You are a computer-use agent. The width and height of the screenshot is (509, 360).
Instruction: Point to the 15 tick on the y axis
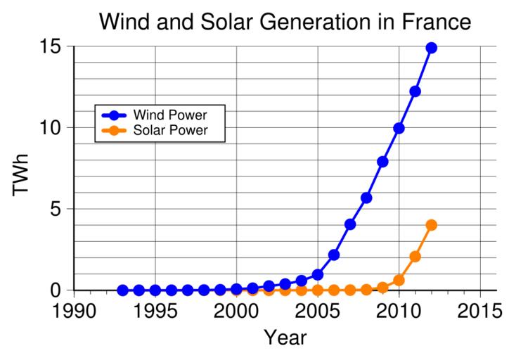[56, 47]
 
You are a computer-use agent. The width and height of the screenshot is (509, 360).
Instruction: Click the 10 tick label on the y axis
[56, 128]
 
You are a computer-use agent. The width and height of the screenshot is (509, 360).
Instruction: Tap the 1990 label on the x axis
[73, 310]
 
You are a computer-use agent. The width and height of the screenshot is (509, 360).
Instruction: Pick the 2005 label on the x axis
[317, 310]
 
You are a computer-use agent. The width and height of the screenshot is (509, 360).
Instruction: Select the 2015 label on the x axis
[480, 310]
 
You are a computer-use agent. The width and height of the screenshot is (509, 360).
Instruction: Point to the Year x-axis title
[285, 338]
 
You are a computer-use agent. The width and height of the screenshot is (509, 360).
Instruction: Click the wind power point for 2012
[431, 48]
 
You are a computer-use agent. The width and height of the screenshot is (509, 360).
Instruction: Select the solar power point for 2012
[431, 225]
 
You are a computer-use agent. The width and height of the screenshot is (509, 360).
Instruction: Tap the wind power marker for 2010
[399, 128]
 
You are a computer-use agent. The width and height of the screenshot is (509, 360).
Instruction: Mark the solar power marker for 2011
[415, 257]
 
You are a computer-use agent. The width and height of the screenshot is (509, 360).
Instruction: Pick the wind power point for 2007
[350, 224]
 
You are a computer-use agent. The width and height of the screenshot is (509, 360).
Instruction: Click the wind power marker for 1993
[122, 290]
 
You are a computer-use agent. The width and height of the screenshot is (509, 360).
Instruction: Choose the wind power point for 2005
[317, 274]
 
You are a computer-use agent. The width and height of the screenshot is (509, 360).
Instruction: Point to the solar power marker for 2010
[399, 280]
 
